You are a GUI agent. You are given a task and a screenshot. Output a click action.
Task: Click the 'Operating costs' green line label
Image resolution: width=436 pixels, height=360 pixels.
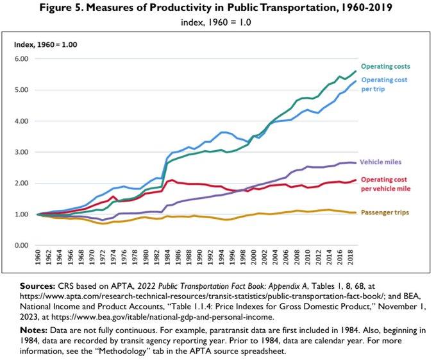[385, 66]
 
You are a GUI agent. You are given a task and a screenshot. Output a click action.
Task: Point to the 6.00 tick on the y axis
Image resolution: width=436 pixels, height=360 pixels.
[22, 59]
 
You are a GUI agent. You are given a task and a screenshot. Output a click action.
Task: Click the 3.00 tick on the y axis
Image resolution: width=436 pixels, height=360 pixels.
[22, 152]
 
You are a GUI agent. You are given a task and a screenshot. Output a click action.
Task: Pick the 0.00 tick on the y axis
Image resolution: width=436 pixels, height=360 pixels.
[22, 246]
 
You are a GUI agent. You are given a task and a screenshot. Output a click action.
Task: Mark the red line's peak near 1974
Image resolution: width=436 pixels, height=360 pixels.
[113, 197]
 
